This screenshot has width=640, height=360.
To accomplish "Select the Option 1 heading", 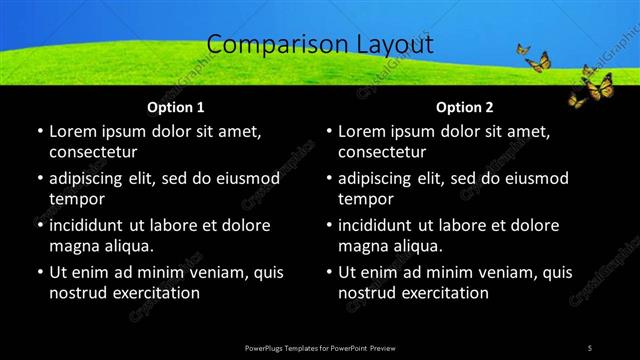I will tap(176, 107).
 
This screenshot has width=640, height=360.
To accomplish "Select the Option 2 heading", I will tap(465, 107).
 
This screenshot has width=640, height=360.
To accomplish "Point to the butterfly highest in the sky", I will tap(523, 48).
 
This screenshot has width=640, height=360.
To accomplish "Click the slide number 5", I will tap(590, 347).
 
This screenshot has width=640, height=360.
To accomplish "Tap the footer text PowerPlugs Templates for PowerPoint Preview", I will tap(320, 347).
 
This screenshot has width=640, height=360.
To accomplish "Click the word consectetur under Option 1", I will tap(93, 152).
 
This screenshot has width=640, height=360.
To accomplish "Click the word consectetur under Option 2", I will tap(382, 152).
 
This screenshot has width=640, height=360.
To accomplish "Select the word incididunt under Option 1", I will tap(91, 225).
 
